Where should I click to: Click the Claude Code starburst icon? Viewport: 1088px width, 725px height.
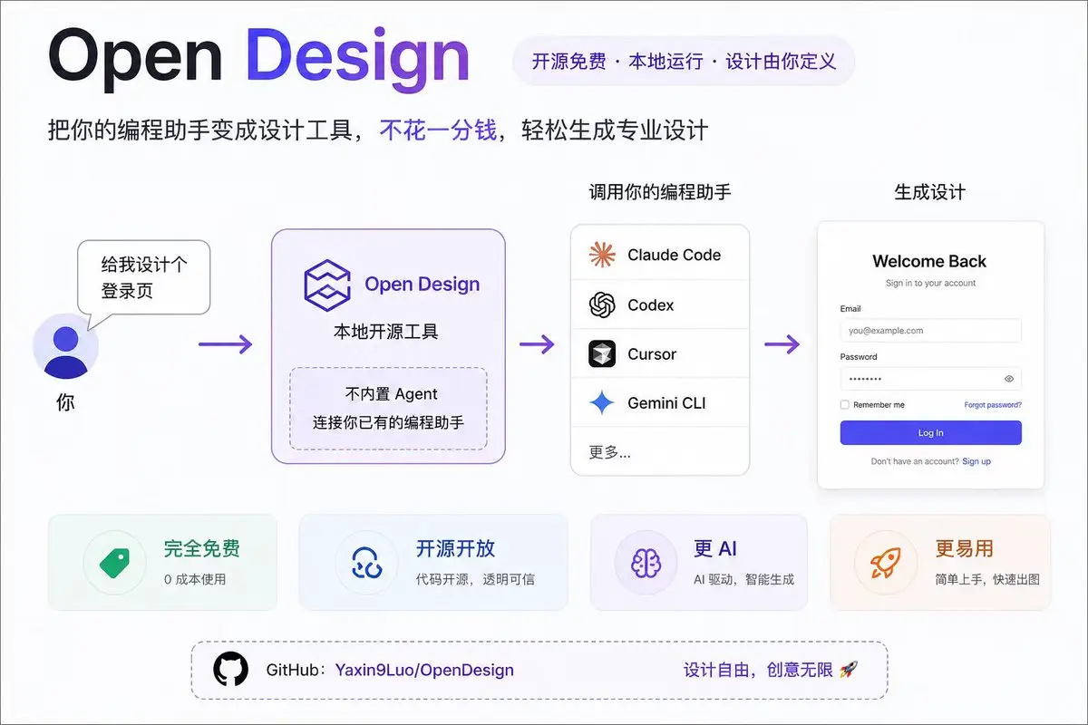[602, 256]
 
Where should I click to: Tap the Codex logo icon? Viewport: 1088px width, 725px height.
[602, 305]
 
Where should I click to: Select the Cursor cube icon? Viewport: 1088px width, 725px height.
[602, 354]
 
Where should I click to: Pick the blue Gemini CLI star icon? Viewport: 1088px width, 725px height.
[602, 403]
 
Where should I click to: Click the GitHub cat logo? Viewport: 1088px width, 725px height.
[230, 670]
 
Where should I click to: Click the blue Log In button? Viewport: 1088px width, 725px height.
[930, 433]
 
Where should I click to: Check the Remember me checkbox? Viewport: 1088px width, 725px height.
[845, 405]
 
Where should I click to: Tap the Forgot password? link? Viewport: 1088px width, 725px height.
[993, 405]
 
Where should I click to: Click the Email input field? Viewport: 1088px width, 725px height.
[930, 331]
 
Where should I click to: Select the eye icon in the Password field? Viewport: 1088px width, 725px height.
[1009, 379]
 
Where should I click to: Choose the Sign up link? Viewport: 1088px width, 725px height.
[976, 461]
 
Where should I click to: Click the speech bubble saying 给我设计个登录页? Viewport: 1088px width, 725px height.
[143, 277]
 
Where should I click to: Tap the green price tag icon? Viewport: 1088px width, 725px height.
[114, 562]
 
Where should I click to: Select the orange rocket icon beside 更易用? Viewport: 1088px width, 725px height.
[885, 562]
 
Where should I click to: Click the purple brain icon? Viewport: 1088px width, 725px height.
[646, 562]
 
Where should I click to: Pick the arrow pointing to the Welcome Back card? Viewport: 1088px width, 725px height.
[782, 344]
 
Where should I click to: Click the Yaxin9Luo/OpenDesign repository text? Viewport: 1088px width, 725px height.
[424, 671]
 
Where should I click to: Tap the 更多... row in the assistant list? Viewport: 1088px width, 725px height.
[610, 452]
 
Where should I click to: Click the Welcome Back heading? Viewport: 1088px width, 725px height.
[929, 261]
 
